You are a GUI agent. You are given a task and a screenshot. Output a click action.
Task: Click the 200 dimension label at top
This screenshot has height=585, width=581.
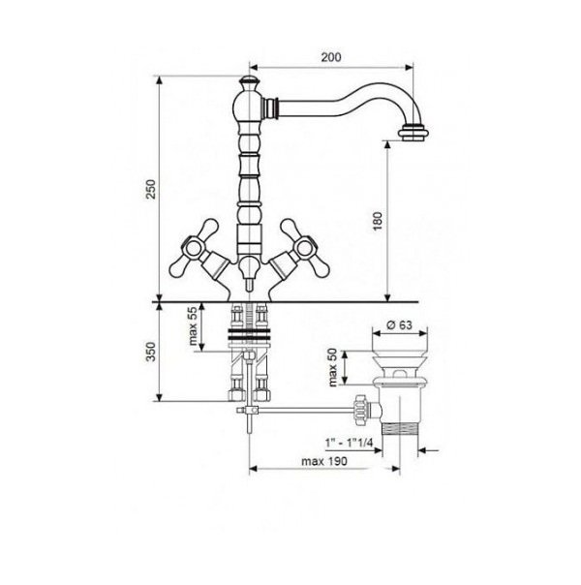(331, 57)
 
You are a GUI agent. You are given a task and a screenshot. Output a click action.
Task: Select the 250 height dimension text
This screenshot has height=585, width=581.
(150, 189)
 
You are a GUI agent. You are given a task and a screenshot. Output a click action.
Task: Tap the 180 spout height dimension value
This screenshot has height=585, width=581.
(378, 221)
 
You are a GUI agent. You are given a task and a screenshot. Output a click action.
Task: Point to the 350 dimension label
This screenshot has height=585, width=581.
(150, 352)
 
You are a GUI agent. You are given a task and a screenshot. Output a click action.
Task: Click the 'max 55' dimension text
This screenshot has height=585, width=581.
(192, 326)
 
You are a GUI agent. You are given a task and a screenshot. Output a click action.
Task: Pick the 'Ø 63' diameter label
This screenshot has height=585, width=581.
(400, 325)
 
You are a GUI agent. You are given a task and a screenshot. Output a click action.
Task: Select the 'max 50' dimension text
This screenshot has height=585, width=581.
(333, 367)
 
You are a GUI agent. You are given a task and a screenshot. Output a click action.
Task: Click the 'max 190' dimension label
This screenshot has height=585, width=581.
(324, 461)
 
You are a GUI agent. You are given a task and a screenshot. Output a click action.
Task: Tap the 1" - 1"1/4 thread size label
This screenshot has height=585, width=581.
(349, 443)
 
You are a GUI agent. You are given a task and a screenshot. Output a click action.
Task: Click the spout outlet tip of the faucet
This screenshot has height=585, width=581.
(413, 134)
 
